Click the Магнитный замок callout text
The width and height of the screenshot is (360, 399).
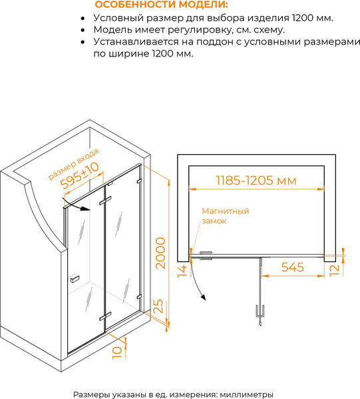(x=226, y=216)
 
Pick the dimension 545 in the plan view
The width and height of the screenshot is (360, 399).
(x=292, y=268)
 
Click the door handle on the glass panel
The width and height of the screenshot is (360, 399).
(x=75, y=278)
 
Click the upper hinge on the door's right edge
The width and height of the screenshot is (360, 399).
(x=139, y=181)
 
